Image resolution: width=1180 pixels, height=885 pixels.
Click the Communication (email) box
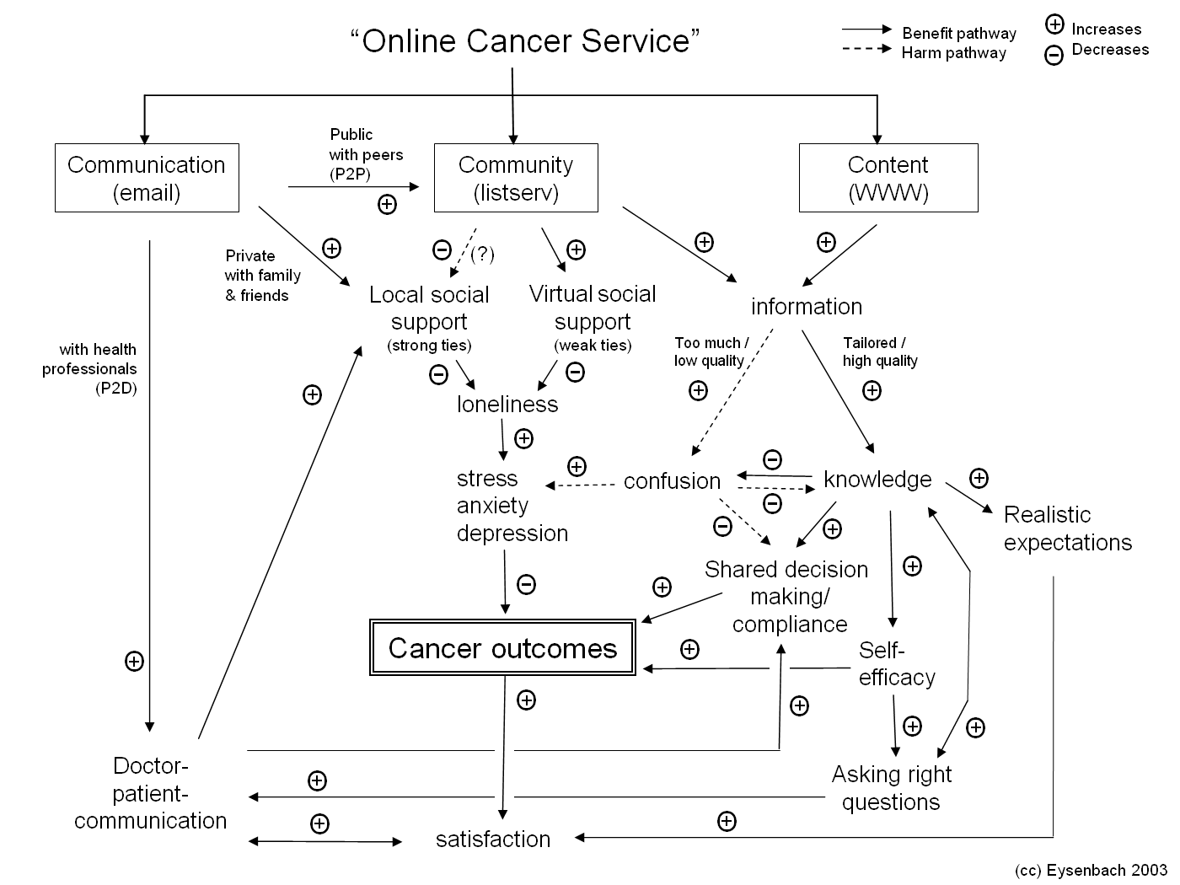pyautogui.click(x=147, y=178)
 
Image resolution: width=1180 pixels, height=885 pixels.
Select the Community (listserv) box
pyautogui.click(x=516, y=178)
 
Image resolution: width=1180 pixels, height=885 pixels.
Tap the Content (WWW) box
pyautogui.click(x=888, y=178)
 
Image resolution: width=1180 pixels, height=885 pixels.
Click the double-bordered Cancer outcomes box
pyautogui.click(x=502, y=648)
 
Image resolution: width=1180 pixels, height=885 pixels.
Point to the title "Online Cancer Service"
pyautogui.click(x=525, y=40)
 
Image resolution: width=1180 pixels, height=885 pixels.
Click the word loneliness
pyautogui.click(x=507, y=404)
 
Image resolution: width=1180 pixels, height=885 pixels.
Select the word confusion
pyautogui.click(x=672, y=480)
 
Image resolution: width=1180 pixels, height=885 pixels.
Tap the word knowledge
pyautogui.click(x=877, y=479)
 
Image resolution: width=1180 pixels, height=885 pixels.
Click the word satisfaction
pyautogui.click(x=493, y=839)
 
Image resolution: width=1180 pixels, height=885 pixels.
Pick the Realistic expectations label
pyautogui.click(x=1068, y=528)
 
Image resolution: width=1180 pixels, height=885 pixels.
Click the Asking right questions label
pyautogui.click(x=892, y=787)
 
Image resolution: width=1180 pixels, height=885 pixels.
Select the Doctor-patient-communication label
pyautogui.click(x=151, y=793)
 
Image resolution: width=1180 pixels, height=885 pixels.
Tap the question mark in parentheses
pyautogui.click(x=482, y=254)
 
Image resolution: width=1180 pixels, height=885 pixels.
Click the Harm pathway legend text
pyautogui.click(x=954, y=53)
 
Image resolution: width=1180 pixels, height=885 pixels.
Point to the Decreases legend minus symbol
pyautogui.click(x=1054, y=56)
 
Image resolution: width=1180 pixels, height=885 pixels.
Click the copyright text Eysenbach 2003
pyautogui.click(x=1091, y=870)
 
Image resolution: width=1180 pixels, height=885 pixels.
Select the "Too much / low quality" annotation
pyautogui.click(x=711, y=351)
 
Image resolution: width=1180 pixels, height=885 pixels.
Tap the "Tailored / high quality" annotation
pyautogui.click(x=879, y=351)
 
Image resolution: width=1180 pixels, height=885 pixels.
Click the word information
pyautogui.click(x=807, y=306)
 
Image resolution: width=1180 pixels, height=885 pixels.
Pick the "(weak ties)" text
pyautogui.click(x=593, y=346)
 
